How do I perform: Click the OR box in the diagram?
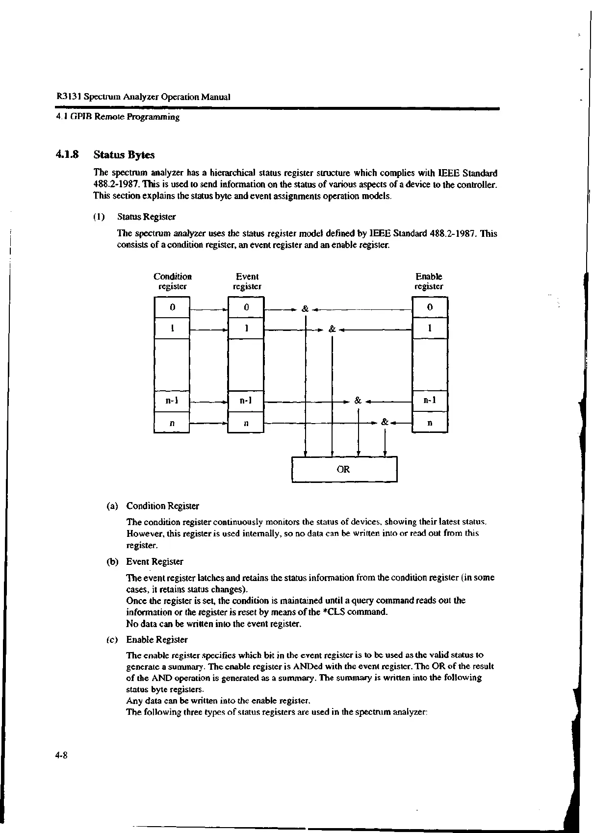pos(344,469)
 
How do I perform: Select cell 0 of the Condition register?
pos(172,307)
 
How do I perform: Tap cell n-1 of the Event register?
pos(246,401)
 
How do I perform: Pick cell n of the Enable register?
pos(430,422)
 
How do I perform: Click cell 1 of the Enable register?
pos(430,328)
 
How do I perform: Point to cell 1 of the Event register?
pos(246,328)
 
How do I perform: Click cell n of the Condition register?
pos(172,422)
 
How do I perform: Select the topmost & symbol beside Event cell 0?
pos(305,309)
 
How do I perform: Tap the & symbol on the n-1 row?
pos(358,401)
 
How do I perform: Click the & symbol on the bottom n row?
pos(385,422)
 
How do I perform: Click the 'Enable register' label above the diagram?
pos(429,281)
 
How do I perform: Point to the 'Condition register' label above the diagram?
pos(172,281)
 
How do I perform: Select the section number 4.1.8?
pos(67,155)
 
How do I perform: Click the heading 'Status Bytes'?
pos(124,155)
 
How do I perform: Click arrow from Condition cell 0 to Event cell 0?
pos(209,309)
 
